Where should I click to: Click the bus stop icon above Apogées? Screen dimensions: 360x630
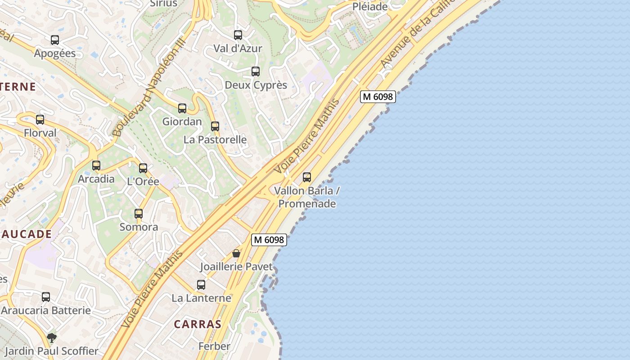pyautogui.click(x=55, y=40)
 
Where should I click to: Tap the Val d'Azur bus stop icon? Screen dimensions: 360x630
pyautogui.click(x=238, y=35)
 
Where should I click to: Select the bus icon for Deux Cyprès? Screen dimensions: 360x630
pyautogui.click(x=256, y=72)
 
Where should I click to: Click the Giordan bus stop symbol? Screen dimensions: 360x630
pyautogui.click(x=182, y=108)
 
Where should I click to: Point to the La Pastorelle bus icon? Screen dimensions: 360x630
pyautogui.click(x=215, y=126)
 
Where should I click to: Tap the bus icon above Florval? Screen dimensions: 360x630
pyautogui.click(x=40, y=120)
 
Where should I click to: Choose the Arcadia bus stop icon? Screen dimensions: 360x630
pyautogui.click(x=96, y=166)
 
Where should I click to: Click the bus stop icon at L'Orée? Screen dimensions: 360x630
pyautogui.click(x=143, y=168)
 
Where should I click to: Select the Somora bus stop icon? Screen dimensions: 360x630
pyautogui.click(x=139, y=214)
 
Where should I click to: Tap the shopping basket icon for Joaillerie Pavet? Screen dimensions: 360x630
pyautogui.click(x=236, y=254)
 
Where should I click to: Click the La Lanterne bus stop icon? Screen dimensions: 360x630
pyautogui.click(x=201, y=285)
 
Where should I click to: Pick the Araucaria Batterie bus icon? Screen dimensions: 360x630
pyautogui.click(x=46, y=297)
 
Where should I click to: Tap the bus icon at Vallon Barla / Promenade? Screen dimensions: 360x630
pyautogui.click(x=307, y=177)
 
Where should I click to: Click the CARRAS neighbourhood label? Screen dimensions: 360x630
pyautogui.click(x=198, y=324)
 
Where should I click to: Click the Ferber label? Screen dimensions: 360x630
pyautogui.click(x=214, y=346)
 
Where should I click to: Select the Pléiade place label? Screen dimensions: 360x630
pyautogui.click(x=370, y=7)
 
